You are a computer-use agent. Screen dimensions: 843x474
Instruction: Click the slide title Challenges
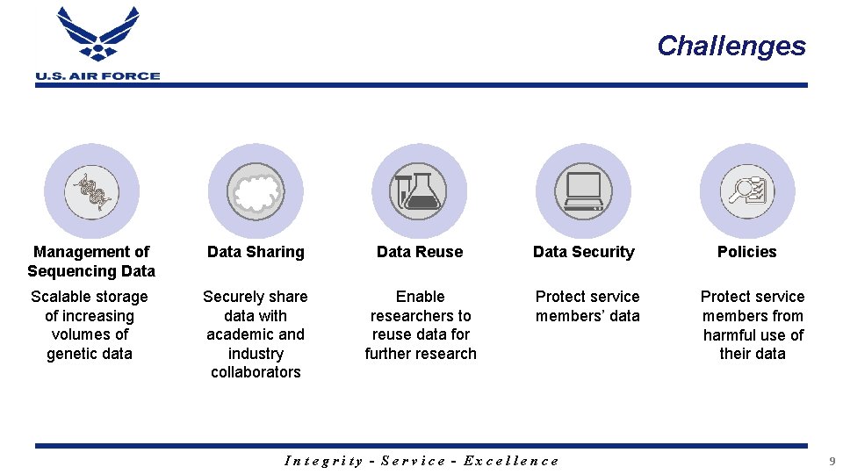731,46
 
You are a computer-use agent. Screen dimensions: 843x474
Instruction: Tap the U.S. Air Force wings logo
97,35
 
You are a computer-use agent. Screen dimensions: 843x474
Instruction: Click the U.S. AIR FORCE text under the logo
97,75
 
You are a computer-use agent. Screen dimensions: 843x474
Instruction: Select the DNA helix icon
91,191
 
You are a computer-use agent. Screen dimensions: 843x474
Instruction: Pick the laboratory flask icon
420,191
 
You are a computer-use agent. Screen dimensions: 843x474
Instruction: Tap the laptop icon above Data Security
583,191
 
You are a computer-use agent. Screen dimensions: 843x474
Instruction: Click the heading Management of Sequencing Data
91,262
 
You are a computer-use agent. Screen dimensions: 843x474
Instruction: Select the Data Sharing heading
256,252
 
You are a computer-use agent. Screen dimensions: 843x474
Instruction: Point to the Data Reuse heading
420,252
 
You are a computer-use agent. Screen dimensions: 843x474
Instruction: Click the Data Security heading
583,252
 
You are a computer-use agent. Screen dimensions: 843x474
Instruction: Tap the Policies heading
747,252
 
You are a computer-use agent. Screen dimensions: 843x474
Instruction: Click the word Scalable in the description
60,297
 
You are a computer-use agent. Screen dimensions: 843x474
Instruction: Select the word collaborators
256,372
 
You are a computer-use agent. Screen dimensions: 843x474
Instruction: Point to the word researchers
421,316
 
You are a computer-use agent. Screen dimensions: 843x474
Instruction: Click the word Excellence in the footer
511,461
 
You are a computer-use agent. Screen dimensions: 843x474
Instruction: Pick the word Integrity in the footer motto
324,461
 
